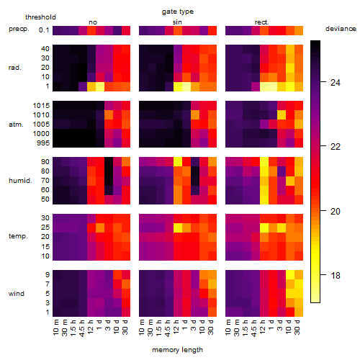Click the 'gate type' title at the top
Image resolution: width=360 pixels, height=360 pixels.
pos(178,12)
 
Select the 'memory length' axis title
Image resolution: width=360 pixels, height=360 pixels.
pos(178,350)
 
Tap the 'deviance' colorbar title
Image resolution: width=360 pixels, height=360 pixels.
pos(341,29)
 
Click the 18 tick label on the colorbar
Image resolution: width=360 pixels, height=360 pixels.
pos(336,275)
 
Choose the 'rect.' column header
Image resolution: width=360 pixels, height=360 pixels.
pos(261,22)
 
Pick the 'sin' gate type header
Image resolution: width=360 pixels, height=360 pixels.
pos(177,22)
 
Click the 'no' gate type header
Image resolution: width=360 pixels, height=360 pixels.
pos(93,22)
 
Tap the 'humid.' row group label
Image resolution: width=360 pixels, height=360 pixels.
pos(20,181)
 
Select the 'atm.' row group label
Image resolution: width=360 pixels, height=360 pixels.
pos(16,125)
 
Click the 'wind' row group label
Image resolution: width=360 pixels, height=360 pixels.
pos(17,294)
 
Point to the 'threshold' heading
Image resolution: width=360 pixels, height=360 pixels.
pos(40,17)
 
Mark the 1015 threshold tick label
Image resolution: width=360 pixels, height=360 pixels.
pos(41,106)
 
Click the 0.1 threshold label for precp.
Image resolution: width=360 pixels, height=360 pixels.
pos(44,30)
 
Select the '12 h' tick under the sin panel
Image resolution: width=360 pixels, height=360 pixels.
pos(176,327)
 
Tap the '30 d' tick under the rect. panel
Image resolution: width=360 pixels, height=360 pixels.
pos(297,327)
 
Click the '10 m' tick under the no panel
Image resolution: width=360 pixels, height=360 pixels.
pos(55,328)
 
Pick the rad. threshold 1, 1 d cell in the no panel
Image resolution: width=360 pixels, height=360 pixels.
pos(100,86)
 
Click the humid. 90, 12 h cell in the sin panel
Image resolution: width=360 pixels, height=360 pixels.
pos(178,162)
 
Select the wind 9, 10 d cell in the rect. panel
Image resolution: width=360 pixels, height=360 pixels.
pos(290,274)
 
